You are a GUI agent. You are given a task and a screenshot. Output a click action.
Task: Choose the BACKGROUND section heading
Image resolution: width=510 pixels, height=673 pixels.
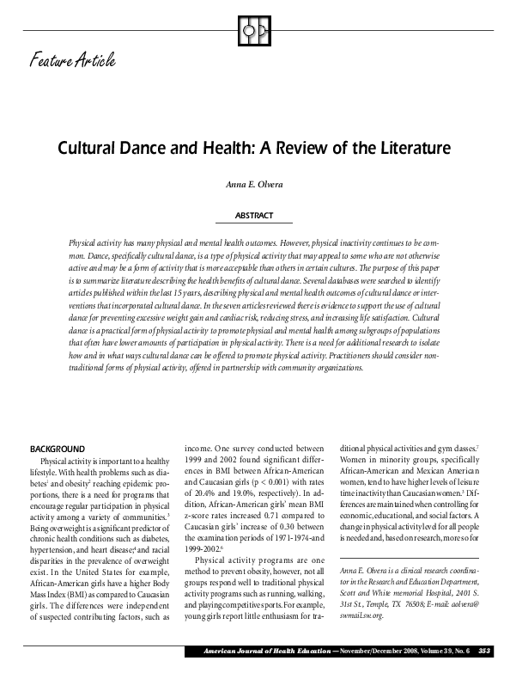point(58,449)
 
